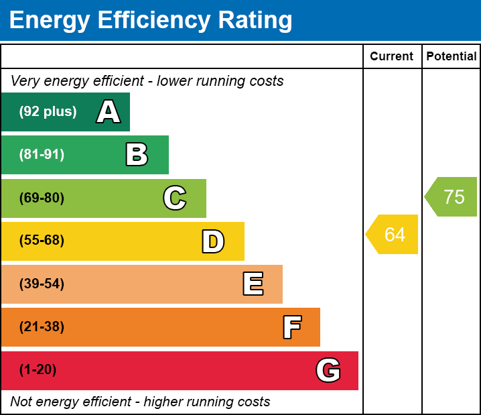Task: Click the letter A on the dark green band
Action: (x=109, y=112)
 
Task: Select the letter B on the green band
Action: (x=137, y=155)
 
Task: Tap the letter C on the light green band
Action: (x=175, y=198)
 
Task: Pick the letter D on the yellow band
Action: (x=213, y=241)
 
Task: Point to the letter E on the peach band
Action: (x=253, y=284)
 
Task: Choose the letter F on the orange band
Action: (x=291, y=327)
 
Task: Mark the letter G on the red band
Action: (x=328, y=370)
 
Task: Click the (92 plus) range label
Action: (x=48, y=112)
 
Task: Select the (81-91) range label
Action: (x=42, y=155)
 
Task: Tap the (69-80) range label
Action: (x=42, y=198)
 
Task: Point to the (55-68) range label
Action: (x=42, y=241)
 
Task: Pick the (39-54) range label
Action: (x=42, y=284)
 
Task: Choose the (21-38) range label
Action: (x=42, y=327)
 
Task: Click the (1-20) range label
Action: (x=38, y=370)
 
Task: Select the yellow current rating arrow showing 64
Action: (x=393, y=235)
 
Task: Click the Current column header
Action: (x=392, y=57)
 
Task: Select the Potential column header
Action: (x=452, y=57)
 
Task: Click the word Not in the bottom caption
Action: (x=21, y=402)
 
